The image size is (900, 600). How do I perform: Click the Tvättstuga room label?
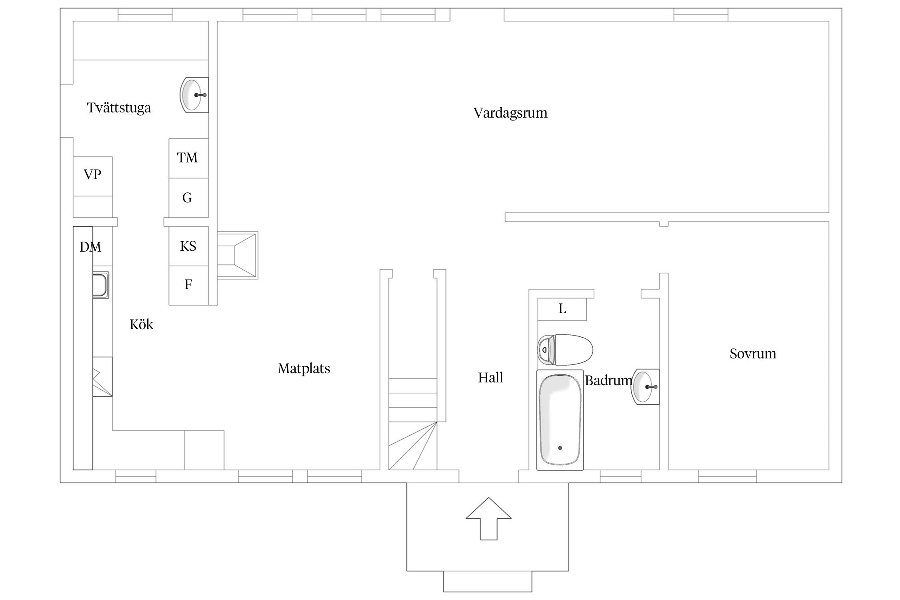119,108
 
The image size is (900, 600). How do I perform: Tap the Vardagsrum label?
510,113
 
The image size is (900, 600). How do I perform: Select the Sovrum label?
753,354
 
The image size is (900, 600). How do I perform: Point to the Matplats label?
304,368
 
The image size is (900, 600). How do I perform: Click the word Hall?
490,378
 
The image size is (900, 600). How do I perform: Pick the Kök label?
141,324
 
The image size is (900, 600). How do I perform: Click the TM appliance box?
188,158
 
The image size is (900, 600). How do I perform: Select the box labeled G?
188,198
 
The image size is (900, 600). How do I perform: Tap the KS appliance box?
188,246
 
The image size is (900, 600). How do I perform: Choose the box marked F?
188,285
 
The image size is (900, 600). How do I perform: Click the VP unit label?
92,175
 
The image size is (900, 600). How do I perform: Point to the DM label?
90,247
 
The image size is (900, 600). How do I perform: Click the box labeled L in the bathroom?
562,309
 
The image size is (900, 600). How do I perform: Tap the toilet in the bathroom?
565,350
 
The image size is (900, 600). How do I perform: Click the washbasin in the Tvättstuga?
194,95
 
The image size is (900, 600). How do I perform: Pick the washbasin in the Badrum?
645,387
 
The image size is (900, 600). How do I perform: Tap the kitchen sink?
100,285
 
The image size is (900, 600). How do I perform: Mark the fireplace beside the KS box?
238,255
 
